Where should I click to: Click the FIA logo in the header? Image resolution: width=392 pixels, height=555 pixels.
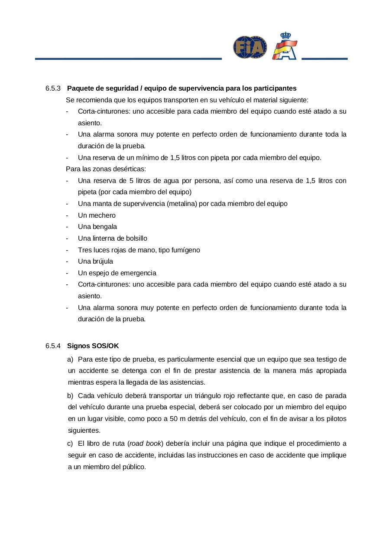250,47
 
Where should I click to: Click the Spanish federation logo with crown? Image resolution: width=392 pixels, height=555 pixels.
285,46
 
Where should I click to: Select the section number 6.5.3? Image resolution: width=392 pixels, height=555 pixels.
53,88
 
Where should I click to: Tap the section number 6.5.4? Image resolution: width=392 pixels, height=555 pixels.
53,346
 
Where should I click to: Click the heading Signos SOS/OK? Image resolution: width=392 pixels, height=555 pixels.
93,346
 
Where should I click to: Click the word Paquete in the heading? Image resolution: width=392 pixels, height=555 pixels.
79,88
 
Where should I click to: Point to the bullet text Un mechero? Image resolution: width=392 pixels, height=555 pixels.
97,215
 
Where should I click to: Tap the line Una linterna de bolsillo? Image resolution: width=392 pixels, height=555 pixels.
112,238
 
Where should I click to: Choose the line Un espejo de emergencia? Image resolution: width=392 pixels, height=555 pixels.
117,273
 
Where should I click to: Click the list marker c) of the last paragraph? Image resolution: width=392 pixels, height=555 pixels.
70,444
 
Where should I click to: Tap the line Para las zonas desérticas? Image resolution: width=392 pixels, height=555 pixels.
106,169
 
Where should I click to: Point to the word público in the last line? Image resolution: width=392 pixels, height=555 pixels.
134,467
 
